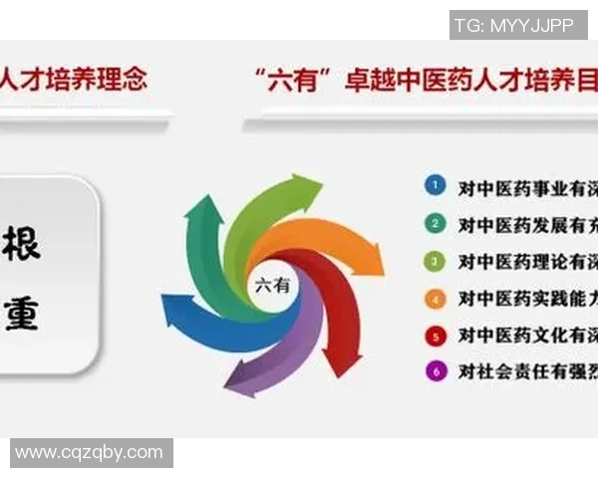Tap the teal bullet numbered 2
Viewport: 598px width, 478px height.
tap(434, 223)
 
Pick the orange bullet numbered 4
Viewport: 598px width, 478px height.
tap(434, 298)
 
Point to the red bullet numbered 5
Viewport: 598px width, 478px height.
tap(434, 335)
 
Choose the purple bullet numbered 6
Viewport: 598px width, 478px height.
tap(434, 371)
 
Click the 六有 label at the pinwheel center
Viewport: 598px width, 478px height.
tap(272, 285)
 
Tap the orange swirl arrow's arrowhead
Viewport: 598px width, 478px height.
tap(370, 261)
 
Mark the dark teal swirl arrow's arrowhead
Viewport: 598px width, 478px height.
tap(203, 211)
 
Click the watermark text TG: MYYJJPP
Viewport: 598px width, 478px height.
tap(512, 26)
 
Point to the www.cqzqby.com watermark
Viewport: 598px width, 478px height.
tap(89, 453)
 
